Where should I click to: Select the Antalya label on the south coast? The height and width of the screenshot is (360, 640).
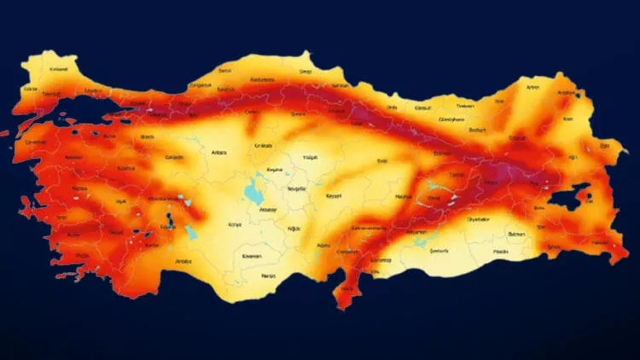pyautogui.click(x=183, y=261)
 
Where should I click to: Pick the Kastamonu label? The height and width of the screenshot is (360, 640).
pyautogui.click(x=260, y=78)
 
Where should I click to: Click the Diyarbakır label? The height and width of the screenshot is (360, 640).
pyautogui.click(x=479, y=219)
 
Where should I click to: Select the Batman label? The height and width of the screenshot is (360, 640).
pyautogui.click(x=517, y=233)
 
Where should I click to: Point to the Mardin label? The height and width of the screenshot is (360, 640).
pyautogui.click(x=501, y=252)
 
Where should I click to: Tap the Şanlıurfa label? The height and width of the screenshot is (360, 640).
pyautogui.click(x=443, y=252)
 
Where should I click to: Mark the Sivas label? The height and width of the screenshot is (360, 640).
pyautogui.click(x=381, y=160)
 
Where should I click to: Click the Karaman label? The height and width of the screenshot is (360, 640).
pyautogui.click(x=252, y=256)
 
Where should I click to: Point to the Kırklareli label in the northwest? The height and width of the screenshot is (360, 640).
pyautogui.click(x=59, y=69)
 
